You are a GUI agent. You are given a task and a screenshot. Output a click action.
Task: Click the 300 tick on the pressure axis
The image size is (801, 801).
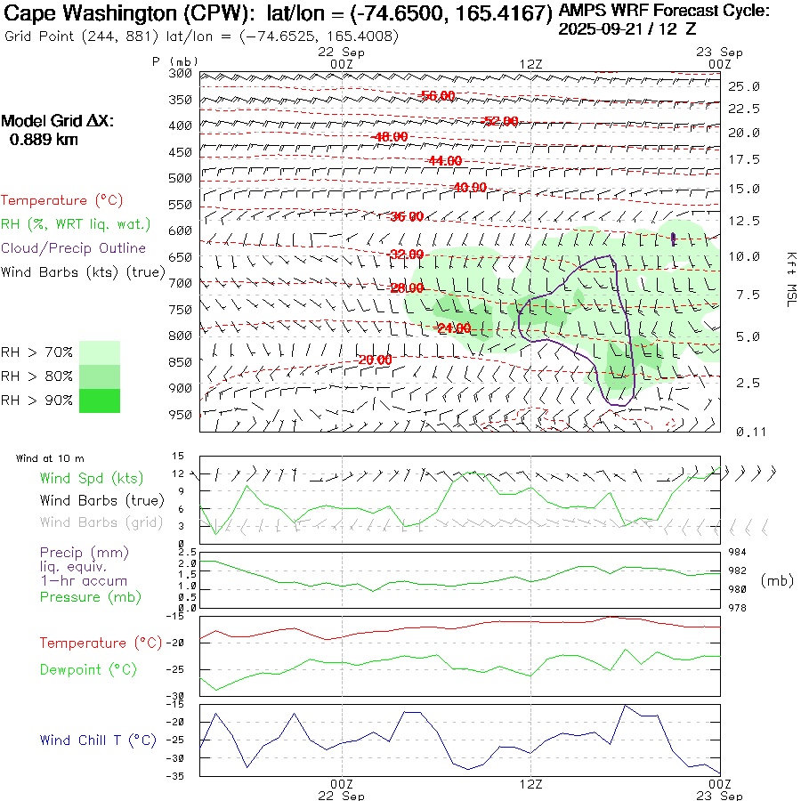tap(181, 73)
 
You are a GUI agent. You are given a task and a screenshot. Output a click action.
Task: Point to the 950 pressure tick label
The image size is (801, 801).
tap(181, 415)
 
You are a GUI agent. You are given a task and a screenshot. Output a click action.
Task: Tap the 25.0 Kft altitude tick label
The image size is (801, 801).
tap(743, 86)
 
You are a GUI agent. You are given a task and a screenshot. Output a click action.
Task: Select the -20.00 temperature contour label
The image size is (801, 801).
tap(375, 360)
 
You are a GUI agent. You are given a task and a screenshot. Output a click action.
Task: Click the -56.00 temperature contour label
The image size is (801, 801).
tap(437, 96)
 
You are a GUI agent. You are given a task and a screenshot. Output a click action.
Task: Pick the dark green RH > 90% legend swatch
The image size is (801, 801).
tap(100, 400)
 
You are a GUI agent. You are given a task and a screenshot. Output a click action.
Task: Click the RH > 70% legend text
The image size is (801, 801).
tap(37, 352)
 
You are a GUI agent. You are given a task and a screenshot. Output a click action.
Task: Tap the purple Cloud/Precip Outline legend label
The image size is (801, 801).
tap(74, 248)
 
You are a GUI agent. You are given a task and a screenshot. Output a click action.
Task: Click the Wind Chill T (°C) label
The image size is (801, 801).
tap(98, 740)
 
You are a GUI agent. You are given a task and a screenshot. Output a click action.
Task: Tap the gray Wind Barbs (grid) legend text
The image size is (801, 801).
tap(101, 522)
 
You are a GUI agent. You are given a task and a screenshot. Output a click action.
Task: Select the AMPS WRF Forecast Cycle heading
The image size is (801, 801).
tap(664, 11)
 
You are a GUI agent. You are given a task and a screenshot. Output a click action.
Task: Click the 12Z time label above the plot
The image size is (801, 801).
tap(531, 63)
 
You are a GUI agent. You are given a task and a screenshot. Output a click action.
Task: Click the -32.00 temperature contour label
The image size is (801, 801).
tap(408, 255)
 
